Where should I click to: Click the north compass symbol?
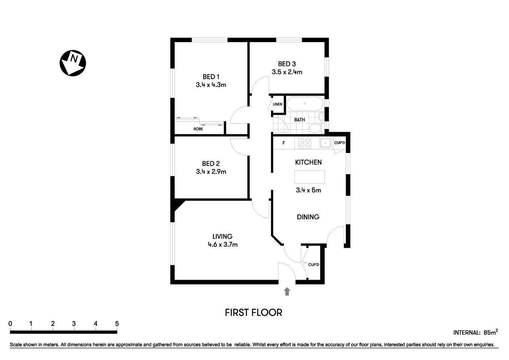tap(73, 63)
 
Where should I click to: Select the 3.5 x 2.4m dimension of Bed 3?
tap(287, 72)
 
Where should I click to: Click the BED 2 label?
tap(211, 163)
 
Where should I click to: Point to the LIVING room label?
tap(222, 236)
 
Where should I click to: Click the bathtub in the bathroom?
tap(305, 104)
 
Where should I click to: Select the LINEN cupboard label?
tap(277, 104)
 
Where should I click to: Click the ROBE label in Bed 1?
tap(198, 129)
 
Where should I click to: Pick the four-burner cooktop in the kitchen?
tap(305, 143)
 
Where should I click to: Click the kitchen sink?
tap(325, 143)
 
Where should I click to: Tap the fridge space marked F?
tap(284, 143)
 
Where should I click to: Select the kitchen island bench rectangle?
tap(309, 177)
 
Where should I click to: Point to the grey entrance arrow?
tap(287, 291)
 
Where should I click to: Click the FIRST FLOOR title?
tap(253, 312)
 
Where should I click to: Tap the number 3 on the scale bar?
tap(74, 324)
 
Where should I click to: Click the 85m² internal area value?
tap(491, 332)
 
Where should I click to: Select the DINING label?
tap(308, 217)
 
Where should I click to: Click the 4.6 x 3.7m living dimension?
tap(223, 244)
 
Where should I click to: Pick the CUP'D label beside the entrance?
tap(313, 265)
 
